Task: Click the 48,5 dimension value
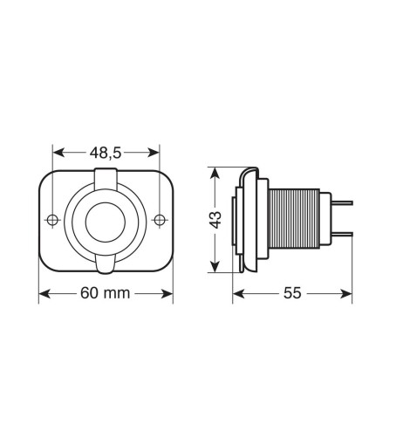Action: tap(106, 150)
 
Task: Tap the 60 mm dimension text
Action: tap(106, 293)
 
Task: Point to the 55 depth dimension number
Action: tap(293, 293)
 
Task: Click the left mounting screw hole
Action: tap(52, 219)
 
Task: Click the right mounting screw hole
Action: tap(161, 219)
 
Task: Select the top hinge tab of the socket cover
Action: tap(106, 178)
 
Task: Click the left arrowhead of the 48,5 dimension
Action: tap(56, 150)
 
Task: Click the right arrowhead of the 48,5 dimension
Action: tap(157, 150)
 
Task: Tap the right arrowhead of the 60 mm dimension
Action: tap(169, 293)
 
